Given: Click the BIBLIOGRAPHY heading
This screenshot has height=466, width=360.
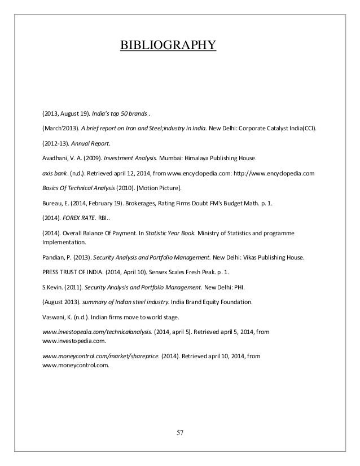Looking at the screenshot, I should (168, 44).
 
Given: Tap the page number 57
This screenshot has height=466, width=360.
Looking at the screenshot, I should (181, 432).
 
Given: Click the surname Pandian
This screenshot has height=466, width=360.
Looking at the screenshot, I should (55, 257).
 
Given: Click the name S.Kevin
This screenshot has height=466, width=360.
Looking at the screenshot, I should (55, 288).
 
